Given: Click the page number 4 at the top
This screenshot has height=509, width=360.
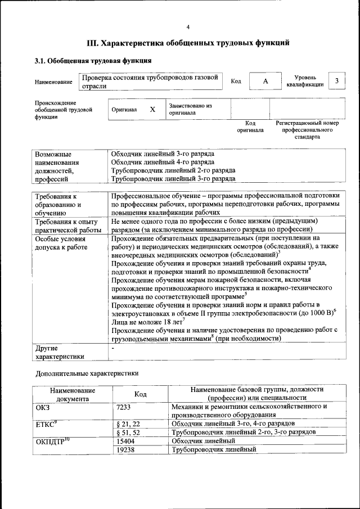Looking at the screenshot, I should coord(188,27).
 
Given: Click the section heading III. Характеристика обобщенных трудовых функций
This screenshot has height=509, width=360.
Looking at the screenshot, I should coord(188,42).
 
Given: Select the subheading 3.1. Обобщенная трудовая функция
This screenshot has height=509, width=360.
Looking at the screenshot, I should coord(93,61).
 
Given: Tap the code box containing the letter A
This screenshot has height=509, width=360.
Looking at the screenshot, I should coord(265,82).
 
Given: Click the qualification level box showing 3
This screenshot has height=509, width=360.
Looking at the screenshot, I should coord(336,81).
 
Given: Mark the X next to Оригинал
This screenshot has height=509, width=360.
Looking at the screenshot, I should coord(152,109).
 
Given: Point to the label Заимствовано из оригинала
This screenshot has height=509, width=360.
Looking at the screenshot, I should coord(190,109).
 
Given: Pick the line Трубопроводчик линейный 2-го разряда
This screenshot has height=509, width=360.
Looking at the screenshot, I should coord(173,170).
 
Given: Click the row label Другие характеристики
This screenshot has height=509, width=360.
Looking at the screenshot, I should coord(60,352).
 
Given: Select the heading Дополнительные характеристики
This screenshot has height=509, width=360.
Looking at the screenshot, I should coord(87,373).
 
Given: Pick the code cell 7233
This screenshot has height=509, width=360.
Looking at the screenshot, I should coord(124,406).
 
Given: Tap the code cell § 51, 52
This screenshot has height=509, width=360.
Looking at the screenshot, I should coord(128,432).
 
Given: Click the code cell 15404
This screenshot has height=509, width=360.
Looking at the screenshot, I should coord(125,441).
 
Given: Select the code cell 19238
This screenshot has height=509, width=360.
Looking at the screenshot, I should coord(125,450).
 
